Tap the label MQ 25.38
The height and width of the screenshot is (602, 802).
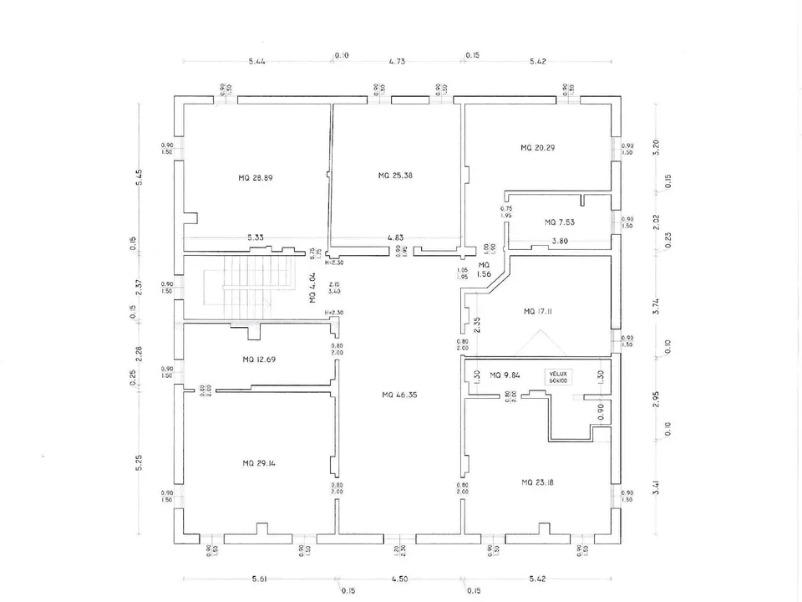[x=395, y=176]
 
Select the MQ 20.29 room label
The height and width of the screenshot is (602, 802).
[x=538, y=147]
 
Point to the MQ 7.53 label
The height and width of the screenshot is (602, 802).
[x=560, y=222]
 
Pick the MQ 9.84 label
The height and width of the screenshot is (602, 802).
[x=505, y=375]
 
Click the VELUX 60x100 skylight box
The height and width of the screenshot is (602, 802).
[x=559, y=377]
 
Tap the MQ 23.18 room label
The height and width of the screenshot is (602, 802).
[x=538, y=482]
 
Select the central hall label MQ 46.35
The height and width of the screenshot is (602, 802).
[x=398, y=395]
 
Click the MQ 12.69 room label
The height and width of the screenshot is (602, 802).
[x=259, y=360]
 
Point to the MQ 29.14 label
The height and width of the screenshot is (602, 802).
[x=259, y=463]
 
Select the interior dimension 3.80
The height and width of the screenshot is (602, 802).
[x=561, y=242]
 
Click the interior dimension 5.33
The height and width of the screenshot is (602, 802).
[x=256, y=237]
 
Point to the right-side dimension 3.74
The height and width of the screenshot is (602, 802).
[x=657, y=306]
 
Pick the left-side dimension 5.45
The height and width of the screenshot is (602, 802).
[x=139, y=178]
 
